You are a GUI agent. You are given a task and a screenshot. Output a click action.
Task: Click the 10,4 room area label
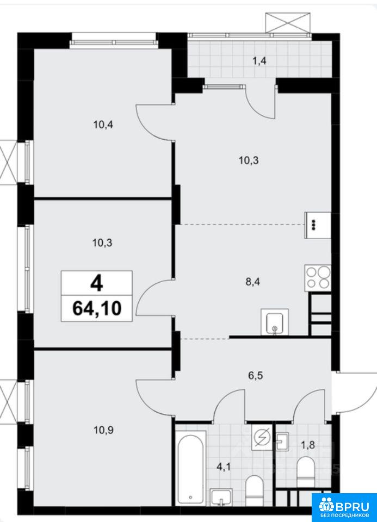(x=103, y=125)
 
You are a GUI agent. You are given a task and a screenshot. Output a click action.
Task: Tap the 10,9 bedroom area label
(x=103, y=430)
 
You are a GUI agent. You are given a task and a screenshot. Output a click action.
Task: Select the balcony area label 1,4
(x=259, y=61)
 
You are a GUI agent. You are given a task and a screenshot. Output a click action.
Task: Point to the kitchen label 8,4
(x=253, y=282)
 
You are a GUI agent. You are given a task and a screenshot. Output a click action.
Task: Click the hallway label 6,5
(x=256, y=376)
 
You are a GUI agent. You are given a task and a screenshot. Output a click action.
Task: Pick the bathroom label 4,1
(x=224, y=467)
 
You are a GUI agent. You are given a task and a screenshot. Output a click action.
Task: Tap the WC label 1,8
(x=308, y=445)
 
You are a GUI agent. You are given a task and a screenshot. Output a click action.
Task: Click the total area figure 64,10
(x=97, y=308)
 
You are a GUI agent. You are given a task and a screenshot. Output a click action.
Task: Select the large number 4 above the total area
(x=97, y=284)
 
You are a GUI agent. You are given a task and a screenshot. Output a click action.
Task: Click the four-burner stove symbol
(x=318, y=278)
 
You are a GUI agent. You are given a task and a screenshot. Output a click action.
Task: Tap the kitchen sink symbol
(x=275, y=321)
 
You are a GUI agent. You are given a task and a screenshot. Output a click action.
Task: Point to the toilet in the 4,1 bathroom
(x=254, y=490)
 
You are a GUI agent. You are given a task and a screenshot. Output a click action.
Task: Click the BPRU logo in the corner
(x=344, y=507)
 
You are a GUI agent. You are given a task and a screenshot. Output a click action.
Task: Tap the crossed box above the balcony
(x=288, y=23)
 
